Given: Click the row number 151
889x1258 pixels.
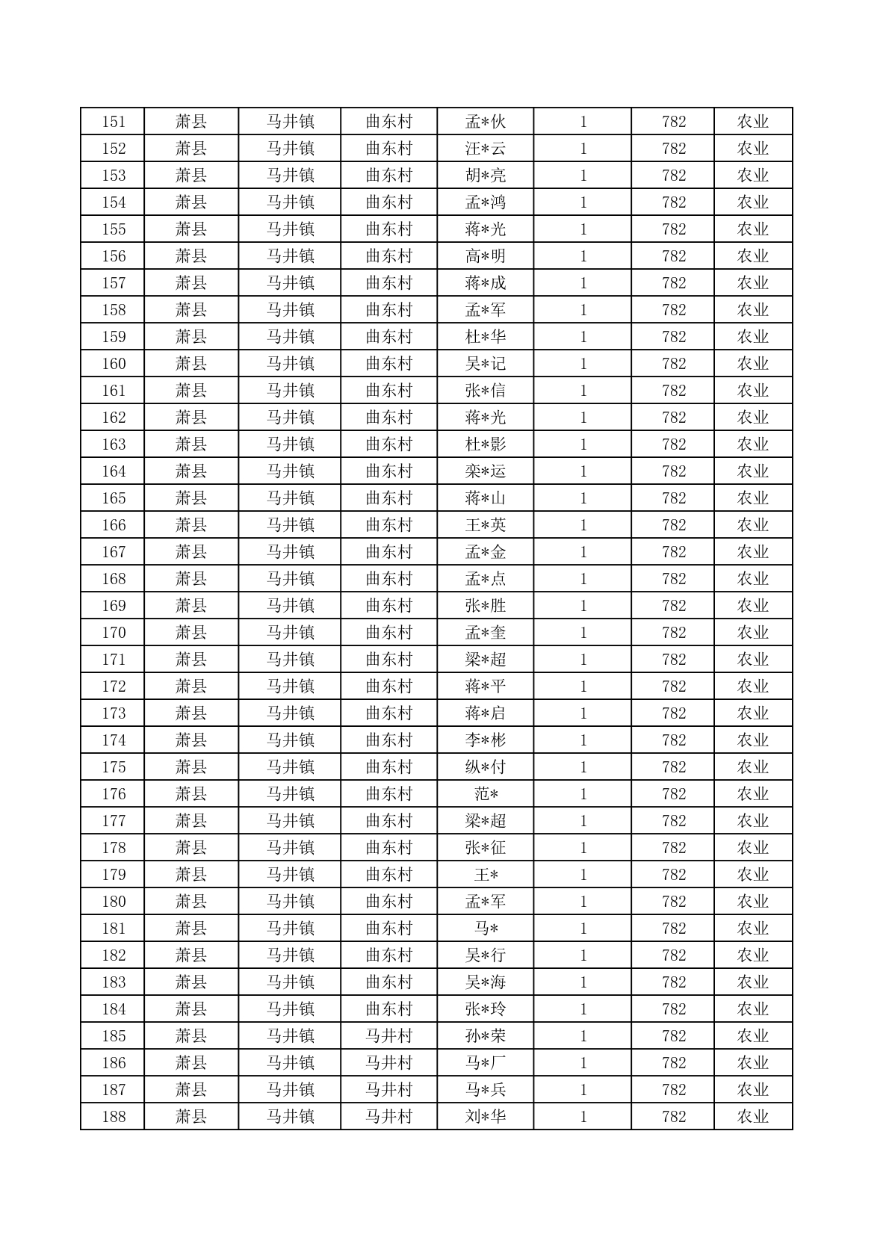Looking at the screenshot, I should coord(114,122).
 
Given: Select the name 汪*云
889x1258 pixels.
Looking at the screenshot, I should coord(485,149).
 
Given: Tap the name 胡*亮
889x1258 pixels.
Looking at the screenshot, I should coord(485,176).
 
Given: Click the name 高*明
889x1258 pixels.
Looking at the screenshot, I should coord(485,256).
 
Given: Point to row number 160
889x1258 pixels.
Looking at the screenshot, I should coord(114,364).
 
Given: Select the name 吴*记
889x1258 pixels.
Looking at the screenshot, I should coord(485,364).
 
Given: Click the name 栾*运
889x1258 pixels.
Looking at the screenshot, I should coord(485,471).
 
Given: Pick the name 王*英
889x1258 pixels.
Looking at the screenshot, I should coord(485,525).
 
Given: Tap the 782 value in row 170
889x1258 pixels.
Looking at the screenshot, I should coord(673,633).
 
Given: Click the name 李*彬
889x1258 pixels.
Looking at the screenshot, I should coord(485,740).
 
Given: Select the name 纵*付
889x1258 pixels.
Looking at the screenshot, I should coord(485,767).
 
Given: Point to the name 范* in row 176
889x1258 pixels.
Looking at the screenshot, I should coord(485,794).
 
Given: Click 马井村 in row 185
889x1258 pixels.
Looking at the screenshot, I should coord(388,1036).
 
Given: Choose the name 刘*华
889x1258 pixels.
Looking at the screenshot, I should coord(485,1117).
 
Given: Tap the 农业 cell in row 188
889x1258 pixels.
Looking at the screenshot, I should coord(752,1117).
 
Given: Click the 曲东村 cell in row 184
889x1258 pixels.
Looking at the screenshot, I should coord(388,1009).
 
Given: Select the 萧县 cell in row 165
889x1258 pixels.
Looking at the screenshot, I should coord(190,498).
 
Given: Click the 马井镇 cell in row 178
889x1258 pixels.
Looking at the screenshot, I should coord(290,848).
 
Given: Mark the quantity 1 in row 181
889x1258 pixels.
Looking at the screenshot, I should coord(583,929).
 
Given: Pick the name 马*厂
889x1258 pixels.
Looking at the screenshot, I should coord(485,1063).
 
